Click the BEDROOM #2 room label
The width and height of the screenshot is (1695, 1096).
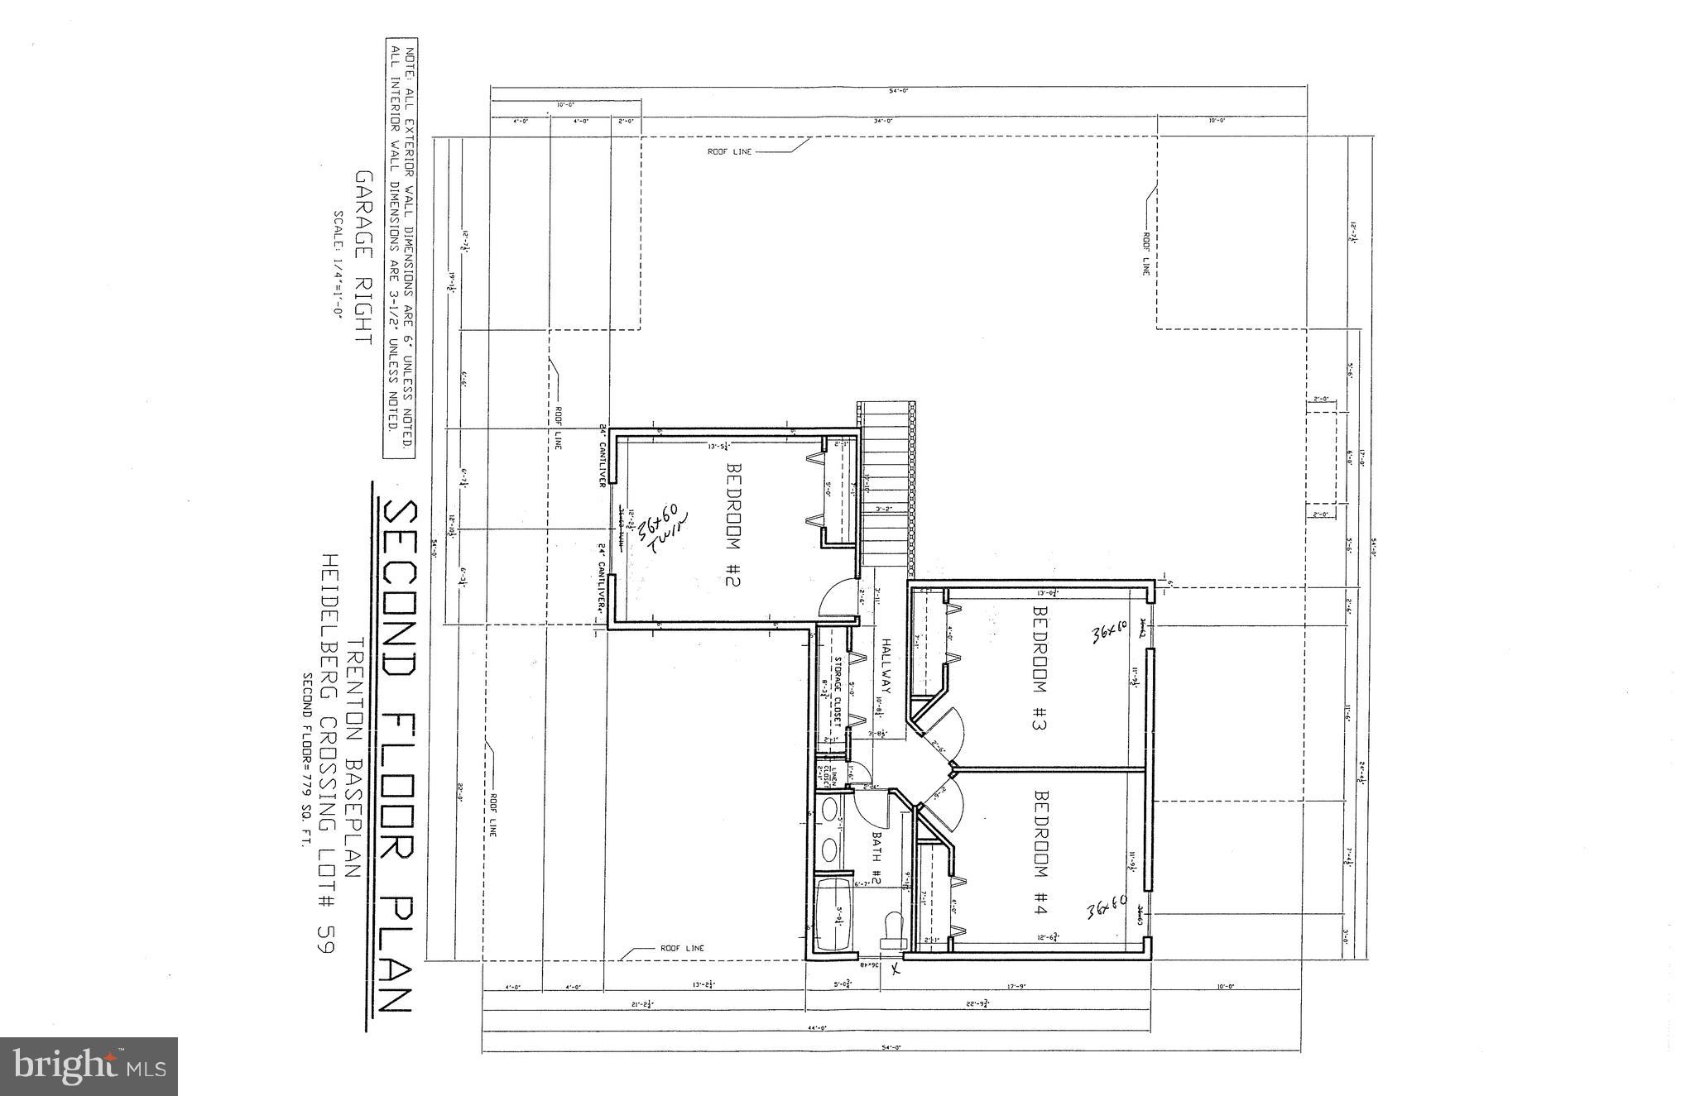[733, 524]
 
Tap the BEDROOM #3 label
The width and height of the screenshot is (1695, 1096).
[1040, 669]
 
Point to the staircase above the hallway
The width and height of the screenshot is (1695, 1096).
[886, 488]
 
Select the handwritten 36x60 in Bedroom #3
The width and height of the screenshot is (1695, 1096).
[1110, 634]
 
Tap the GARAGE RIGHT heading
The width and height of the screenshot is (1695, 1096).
[362, 257]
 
